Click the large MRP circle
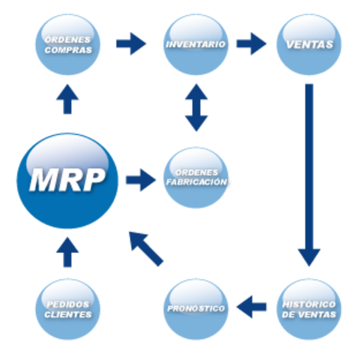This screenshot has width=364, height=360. click(x=68, y=181)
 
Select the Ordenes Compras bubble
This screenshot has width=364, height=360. click(x=68, y=45)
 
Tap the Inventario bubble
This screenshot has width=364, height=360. click(x=195, y=45)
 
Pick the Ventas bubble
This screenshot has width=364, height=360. click(x=309, y=45)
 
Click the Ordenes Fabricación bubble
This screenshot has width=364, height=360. click(x=195, y=178)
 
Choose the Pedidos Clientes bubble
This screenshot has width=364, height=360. click(x=67, y=309)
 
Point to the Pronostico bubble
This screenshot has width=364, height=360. click(x=195, y=309)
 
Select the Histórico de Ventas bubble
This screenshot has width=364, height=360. click(x=309, y=309)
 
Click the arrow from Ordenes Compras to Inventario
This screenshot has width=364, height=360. click(x=132, y=43)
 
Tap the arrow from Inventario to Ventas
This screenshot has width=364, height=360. click(x=252, y=43)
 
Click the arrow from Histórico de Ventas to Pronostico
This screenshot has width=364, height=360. click(x=252, y=306)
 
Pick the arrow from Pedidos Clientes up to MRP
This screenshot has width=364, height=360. click(x=67, y=253)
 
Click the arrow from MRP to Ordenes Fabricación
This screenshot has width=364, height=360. click(x=141, y=180)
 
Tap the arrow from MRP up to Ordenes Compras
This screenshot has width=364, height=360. click(x=67, y=99)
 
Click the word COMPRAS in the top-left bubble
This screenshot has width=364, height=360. click(x=68, y=51)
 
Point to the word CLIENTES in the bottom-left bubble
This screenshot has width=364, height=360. click(x=67, y=315)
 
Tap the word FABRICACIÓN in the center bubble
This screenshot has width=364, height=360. click(x=196, y=183)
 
